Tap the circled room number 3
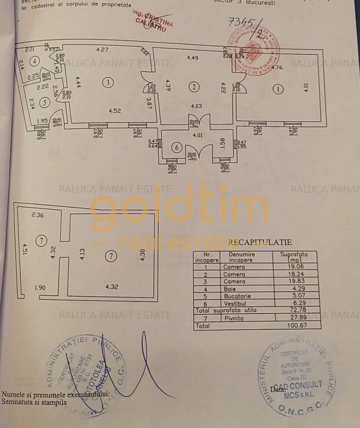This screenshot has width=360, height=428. (108, 83)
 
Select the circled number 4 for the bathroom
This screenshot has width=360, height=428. (36, 61)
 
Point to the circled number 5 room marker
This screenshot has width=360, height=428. (45, 102)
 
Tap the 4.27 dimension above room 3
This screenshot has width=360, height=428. (103, 49)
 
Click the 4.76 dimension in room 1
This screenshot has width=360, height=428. (277, 67)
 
